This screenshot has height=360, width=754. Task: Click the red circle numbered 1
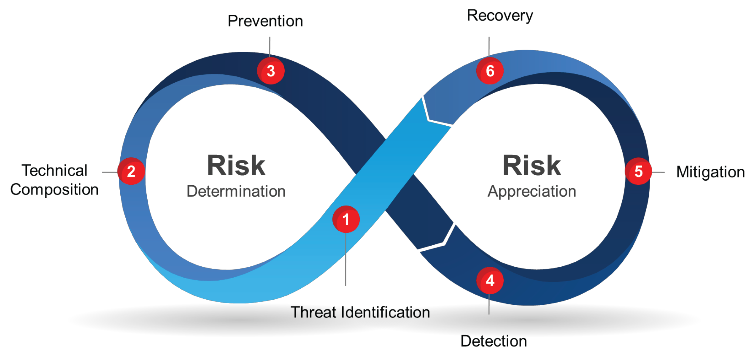[x=346, y=219]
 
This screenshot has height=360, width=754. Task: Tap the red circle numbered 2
[x=131, y=171]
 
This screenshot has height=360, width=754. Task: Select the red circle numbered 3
[x=271, y=71]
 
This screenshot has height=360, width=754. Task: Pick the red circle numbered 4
[x=490, y=281]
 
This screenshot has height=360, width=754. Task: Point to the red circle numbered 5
[x=638, y=171]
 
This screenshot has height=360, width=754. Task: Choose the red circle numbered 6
[x=490, y=71]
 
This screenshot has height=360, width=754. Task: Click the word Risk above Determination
[x=236, y=166]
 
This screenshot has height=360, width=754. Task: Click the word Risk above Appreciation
[x=532, y=166]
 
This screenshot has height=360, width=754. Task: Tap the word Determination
[x=236, y=191]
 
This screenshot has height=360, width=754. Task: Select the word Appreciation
[x=532, y=191]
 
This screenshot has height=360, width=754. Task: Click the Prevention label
[x=265, y=21]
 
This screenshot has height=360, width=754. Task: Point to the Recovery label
[x=500, y=16]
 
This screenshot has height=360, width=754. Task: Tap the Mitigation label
[x=710, y=172]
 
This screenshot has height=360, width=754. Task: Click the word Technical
[x=55, y=171]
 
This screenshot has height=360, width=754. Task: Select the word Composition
[x=55, y=190]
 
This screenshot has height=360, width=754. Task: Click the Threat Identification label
[x=361, y=313]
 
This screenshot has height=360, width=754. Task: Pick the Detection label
[x=494, y=341]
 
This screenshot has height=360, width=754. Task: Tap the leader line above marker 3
[x=270, y=47]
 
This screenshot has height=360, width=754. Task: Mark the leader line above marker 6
[x=489, y=47]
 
